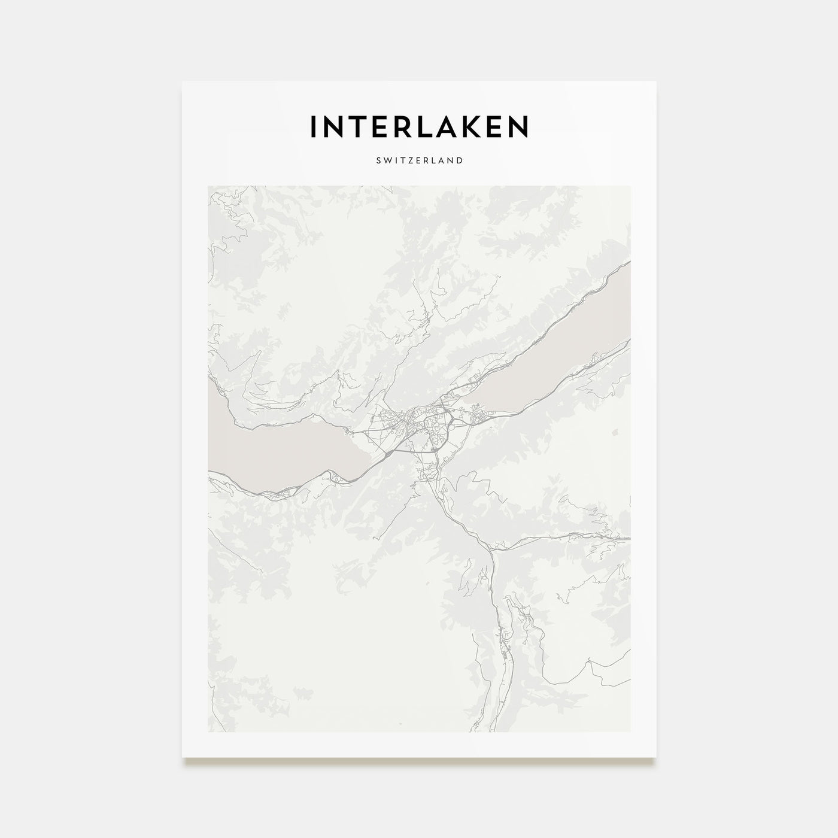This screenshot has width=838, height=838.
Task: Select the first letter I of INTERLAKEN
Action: [313, 126]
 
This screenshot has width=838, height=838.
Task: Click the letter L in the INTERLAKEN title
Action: [428, 126]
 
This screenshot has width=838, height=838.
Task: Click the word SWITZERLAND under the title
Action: [418, 160]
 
